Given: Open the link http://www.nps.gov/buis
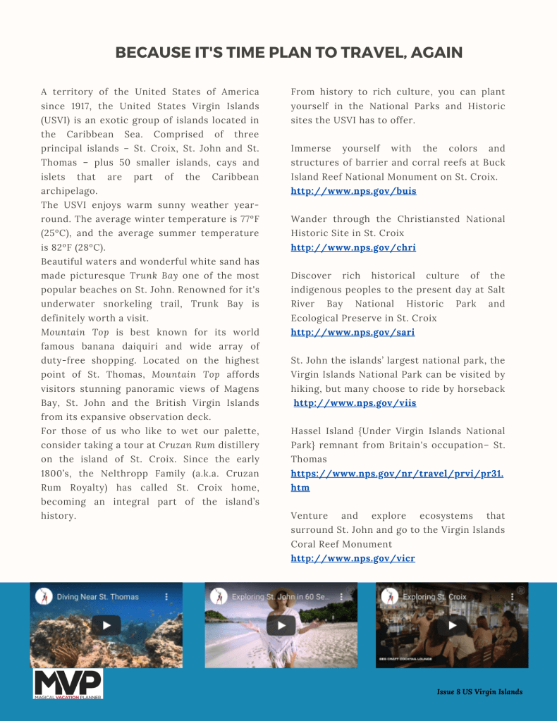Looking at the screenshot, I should (353, 191).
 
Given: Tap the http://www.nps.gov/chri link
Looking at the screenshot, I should (353, 247).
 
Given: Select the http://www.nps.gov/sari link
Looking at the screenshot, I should (353, 332).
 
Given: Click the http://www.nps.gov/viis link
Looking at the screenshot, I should (355, 403).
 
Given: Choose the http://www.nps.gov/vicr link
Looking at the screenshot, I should (353, 558).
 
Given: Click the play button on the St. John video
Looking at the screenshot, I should (281, 624).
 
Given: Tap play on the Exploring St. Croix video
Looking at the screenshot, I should (452, 624).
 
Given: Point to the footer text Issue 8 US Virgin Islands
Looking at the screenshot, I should (479, 692).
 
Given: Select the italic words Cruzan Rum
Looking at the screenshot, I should (187, 445).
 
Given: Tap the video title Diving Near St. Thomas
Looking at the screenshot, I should (98, 596).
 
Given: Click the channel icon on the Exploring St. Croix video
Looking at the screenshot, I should (389, 596).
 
